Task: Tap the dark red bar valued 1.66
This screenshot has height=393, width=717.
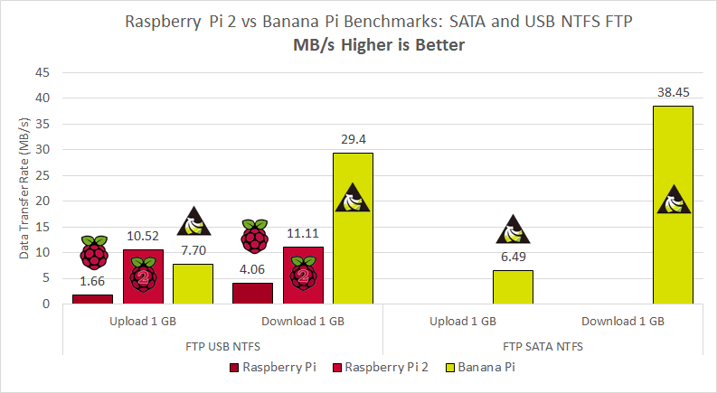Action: click(x=92, y=299)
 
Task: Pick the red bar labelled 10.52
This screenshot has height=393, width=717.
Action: click(x=143, y=276)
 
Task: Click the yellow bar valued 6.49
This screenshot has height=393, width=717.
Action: click(x=513, y=287)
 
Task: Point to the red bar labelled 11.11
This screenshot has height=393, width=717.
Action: click(x=303, y=275)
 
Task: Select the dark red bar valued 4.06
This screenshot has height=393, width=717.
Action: click(x=252, y=293)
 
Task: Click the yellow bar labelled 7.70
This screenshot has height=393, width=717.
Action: click(x=193, y=284)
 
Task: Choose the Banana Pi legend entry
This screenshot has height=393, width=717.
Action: click(x=486, y=368)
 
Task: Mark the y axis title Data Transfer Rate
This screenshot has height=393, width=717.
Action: click(x=24, y=188)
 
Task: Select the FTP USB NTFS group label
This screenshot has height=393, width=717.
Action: click(x=222, y=345)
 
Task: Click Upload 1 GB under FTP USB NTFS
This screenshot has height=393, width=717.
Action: click(x=143, y=321)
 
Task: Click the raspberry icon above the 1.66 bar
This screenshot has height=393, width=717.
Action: click(x=92, y=253)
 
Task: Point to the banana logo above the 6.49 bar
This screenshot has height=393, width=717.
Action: click(x=513, y=231)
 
